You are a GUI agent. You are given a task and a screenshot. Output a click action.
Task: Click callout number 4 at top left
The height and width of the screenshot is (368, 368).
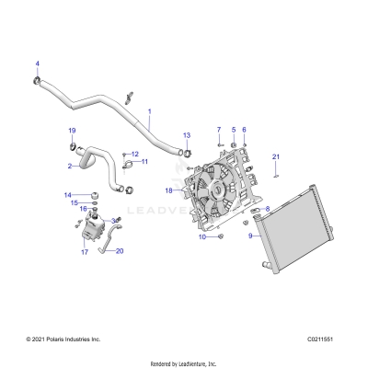click(x=38, y=63)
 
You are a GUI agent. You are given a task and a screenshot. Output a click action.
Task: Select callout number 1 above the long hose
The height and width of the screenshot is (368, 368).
click(x=150, y=111)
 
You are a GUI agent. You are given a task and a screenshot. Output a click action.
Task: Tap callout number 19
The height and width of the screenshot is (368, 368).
click(x=73, y=131)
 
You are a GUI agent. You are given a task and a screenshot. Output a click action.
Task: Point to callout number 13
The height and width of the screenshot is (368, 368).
click(x=187, y=134)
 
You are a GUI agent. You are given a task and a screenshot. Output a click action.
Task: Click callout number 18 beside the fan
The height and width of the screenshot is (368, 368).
click(x=168, y=190)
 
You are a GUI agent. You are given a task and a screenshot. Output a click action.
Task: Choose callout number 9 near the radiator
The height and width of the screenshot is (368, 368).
click(x=250, y=236)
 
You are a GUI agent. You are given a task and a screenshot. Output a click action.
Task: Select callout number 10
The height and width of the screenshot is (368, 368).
click(x=202, y=237)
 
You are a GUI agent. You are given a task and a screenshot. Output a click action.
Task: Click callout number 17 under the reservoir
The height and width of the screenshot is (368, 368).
click(x=84, y=251)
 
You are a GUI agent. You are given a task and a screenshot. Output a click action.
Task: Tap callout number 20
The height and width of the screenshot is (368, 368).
click(x=120, y=250)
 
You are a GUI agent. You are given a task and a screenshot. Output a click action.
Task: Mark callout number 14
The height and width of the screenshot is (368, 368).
click(x=66, y=195)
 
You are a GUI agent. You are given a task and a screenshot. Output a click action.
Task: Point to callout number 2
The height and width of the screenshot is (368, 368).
click(x=70, y=167)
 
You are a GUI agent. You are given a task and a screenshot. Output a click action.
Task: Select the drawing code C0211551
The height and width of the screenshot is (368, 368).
click(x=325, y=339)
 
